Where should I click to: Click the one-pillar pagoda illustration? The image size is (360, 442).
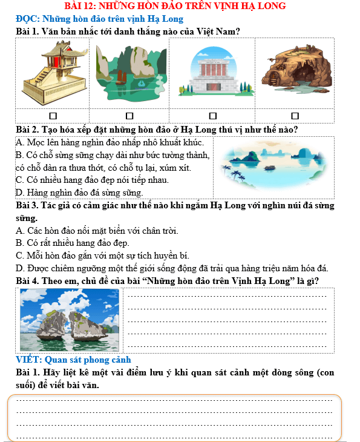[x=53, y=71]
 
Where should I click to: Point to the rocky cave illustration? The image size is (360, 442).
[x=295, y=71]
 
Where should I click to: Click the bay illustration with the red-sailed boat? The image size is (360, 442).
[x=129, y=71]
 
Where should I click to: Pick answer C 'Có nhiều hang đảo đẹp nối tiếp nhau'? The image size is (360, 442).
[x=91, y=180]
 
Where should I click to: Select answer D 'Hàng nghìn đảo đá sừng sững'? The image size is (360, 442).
[x=79, y=193]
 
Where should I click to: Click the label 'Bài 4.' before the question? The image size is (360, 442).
[x=28, y=282]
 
